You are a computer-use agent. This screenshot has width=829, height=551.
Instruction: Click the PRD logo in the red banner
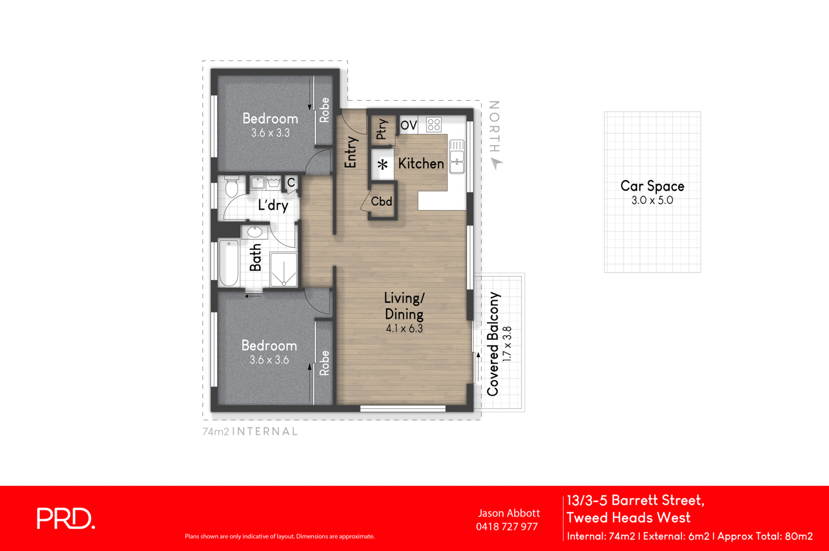click(x=66, y=518)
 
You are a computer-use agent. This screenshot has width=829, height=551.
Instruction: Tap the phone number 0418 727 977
click(x=507, y=527)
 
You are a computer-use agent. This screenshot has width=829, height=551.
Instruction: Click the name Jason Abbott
click(x=508, y=513)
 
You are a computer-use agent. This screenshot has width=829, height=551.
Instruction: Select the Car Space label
click(x=652, y=186)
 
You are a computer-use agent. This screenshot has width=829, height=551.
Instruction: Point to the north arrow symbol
click(x=496, y=164)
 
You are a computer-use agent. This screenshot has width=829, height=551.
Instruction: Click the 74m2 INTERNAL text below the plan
click(x=250, y=431)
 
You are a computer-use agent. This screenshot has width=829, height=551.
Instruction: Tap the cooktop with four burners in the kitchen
click(x=434, y=124)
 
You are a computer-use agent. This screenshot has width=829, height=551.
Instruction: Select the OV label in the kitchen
click(x=408, y=125)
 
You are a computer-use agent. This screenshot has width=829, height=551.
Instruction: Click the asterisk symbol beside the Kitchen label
click(x=382, y=165)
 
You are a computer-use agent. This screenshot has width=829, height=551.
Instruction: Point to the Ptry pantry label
click(x=381, y=129)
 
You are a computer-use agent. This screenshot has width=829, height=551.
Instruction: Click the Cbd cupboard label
click(x=381, y=202)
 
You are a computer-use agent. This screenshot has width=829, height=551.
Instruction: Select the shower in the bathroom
click(x=283, y=269)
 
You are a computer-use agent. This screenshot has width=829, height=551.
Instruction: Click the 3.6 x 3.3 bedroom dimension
click(x=270, y=133)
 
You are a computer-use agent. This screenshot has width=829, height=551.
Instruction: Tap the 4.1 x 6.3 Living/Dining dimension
click(x=404, y=329)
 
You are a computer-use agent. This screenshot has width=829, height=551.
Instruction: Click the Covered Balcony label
click(x=493, y=344)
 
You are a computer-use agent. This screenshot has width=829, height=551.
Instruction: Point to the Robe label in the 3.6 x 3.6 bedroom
click(x=324, y=362)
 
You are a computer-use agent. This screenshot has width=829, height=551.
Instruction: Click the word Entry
click(x=351, y=152)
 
